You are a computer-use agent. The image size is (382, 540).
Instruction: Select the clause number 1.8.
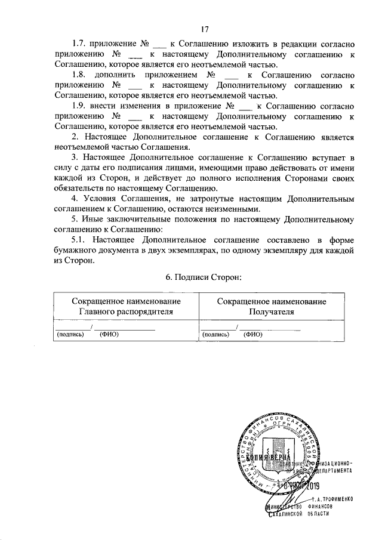coord(79,76)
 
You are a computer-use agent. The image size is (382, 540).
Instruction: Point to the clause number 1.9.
coord(79,106)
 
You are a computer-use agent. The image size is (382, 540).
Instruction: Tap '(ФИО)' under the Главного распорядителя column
coord(109,335)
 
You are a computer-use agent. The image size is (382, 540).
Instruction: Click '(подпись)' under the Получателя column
coord(215,335)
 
